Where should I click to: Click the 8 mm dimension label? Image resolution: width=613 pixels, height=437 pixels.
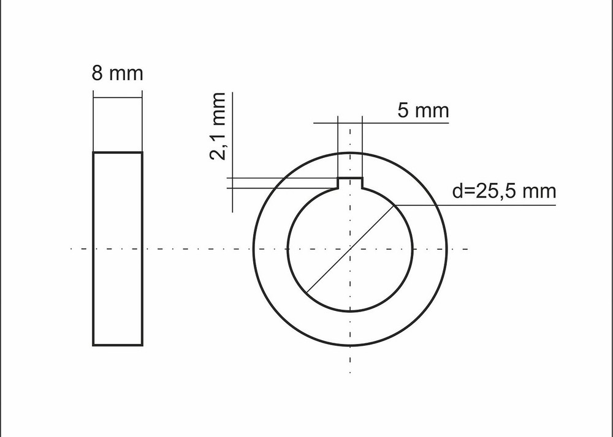tap(117, 74)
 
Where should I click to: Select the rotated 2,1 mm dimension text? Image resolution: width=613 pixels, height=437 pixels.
tap(218, 126)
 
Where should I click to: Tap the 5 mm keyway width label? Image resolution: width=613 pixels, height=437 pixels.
tap(423, 111)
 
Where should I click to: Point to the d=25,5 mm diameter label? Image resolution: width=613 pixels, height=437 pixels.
tap(504, 191)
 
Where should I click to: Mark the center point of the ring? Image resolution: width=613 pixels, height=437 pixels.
tap(350, 248)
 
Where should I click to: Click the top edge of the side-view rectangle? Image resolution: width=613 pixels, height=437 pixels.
tap(118, 152)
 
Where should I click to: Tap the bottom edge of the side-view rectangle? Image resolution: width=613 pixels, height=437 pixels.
tap(118, 345)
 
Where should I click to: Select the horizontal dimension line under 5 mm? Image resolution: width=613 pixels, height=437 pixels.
tap(392, 123)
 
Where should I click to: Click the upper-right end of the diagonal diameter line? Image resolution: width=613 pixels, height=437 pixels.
tap(395, 204)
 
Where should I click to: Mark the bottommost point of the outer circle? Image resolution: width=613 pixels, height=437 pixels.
tap(350, 345)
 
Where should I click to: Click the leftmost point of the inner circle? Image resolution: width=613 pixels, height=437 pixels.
tap(287, 248)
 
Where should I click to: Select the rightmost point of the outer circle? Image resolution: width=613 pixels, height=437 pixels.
tap(447, 248)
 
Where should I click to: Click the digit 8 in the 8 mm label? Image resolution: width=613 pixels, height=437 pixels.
tap(97, 74)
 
